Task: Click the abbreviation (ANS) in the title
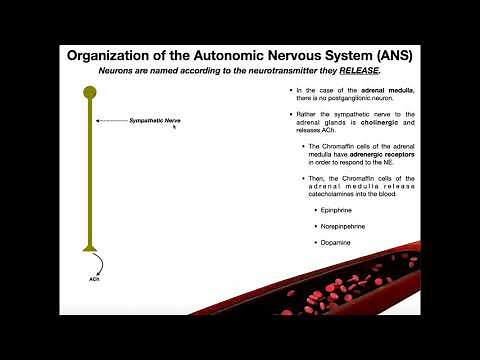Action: [387, 55]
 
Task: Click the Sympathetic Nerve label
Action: [155, 121]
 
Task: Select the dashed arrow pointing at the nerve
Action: [111, 121]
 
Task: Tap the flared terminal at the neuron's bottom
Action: [89, 248]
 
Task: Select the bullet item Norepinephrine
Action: [341, 226]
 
